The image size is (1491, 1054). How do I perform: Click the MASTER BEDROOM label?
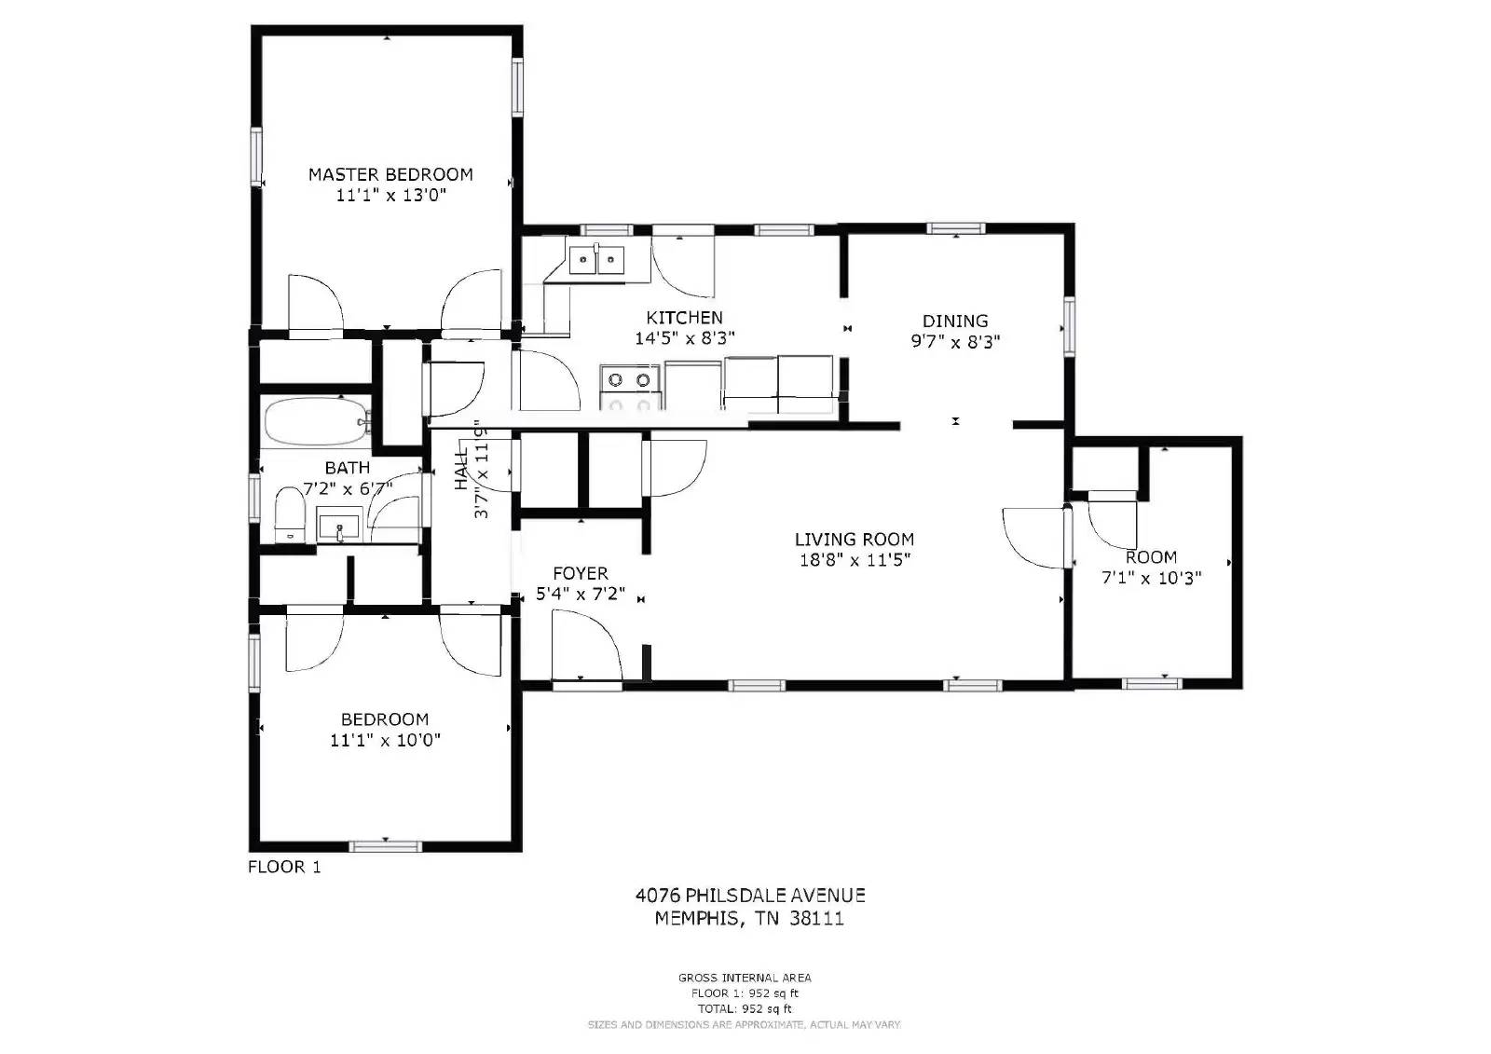pos(390,174)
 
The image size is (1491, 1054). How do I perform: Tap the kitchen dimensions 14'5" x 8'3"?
pos(684,339)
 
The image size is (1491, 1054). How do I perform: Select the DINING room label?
pos(954,321)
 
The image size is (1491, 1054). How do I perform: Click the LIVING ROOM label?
pos(854,539)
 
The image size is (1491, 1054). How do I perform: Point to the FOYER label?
pos(580,573)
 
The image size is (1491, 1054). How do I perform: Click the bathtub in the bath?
pos(314,422)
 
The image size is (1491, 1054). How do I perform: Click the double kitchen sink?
pos(596,259)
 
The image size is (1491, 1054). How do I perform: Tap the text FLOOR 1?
pos(284,867)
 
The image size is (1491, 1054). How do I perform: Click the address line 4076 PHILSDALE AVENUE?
pos(749,896)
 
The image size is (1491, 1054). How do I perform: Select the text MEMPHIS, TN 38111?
pos(749,919)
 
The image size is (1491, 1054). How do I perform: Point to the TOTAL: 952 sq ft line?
pos(744,1008)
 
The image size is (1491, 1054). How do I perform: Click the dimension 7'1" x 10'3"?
pos(1151,578)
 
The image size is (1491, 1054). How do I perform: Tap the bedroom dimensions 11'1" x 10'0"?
pos(385,741)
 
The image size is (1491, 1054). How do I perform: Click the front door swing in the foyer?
pos(585,645)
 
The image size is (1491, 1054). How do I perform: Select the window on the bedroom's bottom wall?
pos(385,846)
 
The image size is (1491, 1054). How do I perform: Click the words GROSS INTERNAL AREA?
pos(744,978)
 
